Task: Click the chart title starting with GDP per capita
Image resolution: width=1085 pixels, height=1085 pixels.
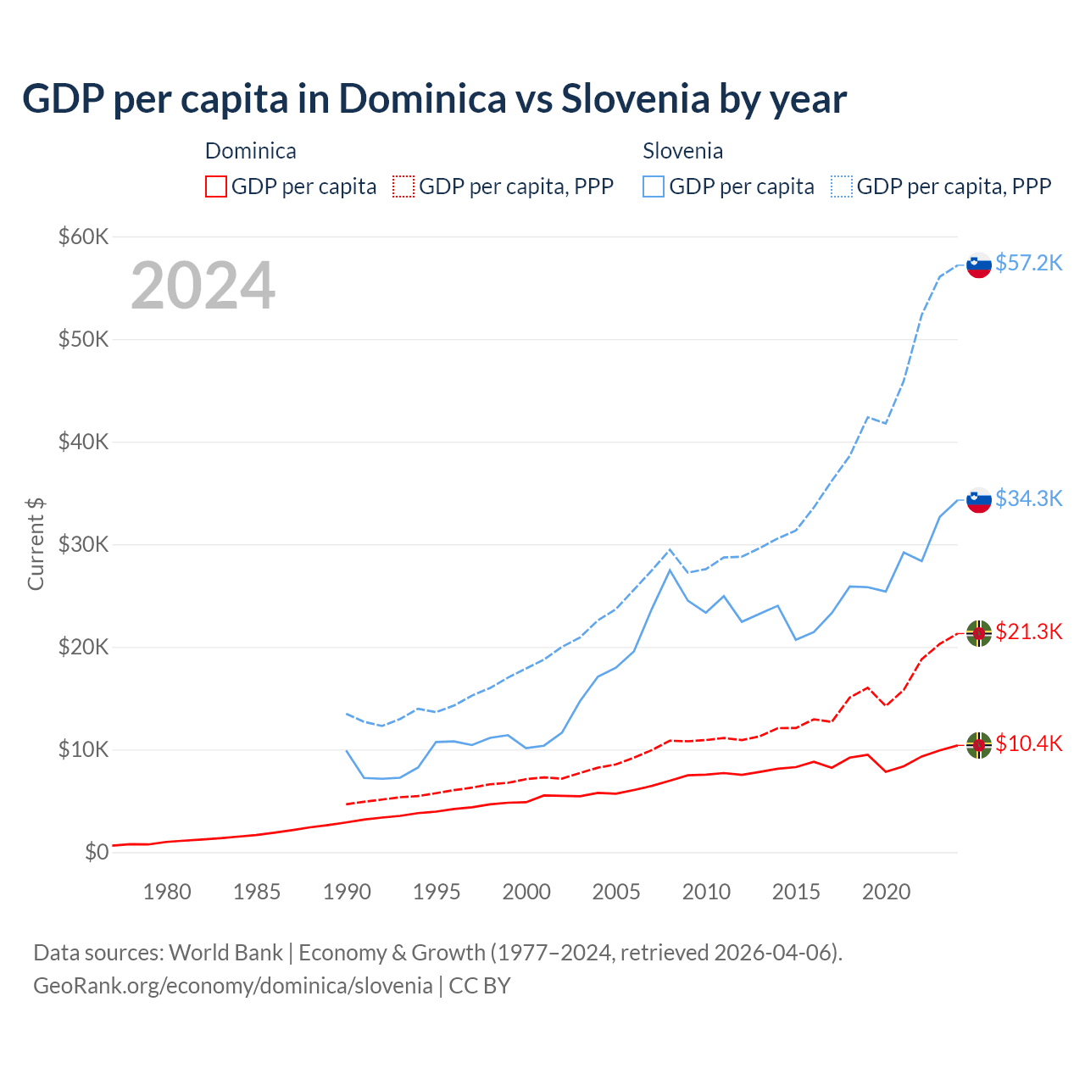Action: pos(434,98)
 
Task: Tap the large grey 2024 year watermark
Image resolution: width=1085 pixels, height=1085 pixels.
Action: pos(203,286)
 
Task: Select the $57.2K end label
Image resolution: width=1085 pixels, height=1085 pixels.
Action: pos(1028,263)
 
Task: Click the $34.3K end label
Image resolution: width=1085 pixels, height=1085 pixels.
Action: pos(1028,498)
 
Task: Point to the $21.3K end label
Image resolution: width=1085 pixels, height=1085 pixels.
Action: pos(1028,632)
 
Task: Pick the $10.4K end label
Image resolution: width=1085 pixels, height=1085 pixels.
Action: pos(1028,743)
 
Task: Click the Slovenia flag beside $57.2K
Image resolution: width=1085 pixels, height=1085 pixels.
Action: pos(979,265)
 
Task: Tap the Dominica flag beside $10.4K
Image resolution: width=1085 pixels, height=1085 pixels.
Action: pos(979,745)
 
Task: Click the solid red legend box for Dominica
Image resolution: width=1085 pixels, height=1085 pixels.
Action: pos(216,186)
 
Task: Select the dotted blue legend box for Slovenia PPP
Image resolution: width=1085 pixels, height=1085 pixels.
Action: pos(842,186)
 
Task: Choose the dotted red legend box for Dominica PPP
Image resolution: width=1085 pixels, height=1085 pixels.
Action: pos(403,186)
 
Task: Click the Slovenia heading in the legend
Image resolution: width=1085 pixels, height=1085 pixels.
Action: pos(682,151)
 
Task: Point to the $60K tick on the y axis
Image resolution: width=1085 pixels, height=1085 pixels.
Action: pos(83,236)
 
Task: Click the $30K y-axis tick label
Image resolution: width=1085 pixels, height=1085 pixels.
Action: pos(83,544)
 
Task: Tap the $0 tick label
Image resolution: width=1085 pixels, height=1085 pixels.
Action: pos(97,852)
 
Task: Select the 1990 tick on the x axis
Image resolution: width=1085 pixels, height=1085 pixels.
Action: pos(347,892)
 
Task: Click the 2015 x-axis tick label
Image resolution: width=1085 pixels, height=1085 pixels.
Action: pos(796,892)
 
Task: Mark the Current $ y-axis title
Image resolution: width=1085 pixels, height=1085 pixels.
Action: pos(36,544)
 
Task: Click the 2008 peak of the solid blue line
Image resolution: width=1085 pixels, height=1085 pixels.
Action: pos(670,570)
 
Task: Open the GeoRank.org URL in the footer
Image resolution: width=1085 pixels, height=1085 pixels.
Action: pos(233,986)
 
